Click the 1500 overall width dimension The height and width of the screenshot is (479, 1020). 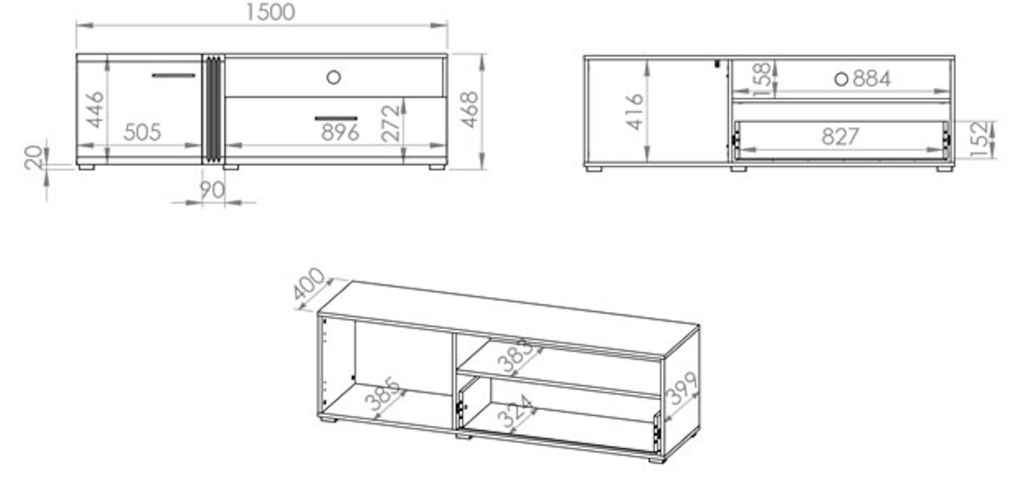(271, 12)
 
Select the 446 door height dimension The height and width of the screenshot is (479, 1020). (95, 109)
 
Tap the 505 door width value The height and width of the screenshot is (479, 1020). (142, 132)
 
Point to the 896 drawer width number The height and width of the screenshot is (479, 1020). (340, 132)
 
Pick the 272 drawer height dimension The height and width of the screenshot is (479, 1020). (390, 123)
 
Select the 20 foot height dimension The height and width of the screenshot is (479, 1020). (34, 157)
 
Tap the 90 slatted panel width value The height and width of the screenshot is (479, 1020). (212, 190)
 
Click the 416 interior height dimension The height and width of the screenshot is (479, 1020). (634, 112)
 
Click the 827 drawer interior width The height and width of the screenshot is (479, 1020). (840, 136)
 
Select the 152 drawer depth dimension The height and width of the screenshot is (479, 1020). (979, 139)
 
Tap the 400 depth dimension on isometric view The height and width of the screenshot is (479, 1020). (309, 284)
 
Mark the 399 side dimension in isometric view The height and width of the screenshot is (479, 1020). (683, 388)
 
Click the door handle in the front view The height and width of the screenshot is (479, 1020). (173, 75)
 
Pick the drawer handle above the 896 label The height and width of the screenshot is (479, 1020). (336, 118)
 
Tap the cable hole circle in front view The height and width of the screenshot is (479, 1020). (334, 77)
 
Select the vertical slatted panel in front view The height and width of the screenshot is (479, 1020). (212, 109)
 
